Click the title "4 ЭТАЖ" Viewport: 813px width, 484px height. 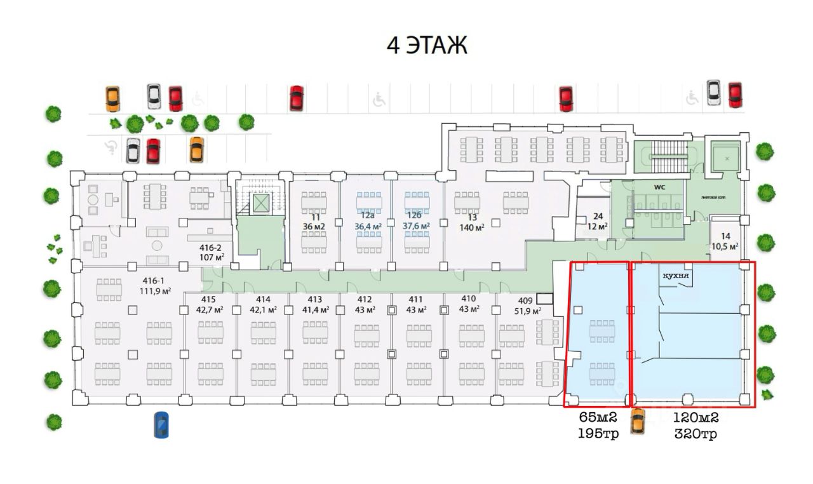427,46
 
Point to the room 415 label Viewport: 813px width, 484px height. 208,305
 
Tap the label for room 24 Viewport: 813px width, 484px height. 598,221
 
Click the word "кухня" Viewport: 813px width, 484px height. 676,276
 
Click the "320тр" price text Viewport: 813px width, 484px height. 696,434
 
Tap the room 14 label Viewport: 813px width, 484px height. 725,241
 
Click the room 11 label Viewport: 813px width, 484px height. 314,221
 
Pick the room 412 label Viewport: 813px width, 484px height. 365,305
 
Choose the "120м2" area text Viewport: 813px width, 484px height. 696,419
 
